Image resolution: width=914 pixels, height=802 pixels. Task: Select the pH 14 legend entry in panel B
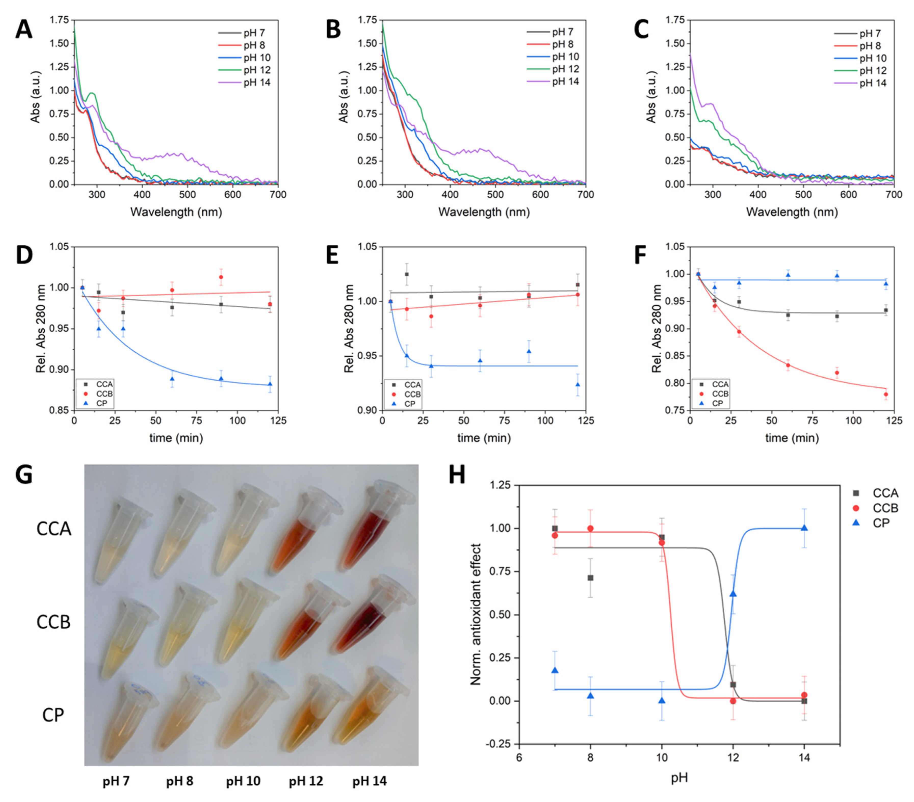click(x=565, y=81)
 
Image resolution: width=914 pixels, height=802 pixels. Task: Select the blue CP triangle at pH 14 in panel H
click(x=804, y=528)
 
